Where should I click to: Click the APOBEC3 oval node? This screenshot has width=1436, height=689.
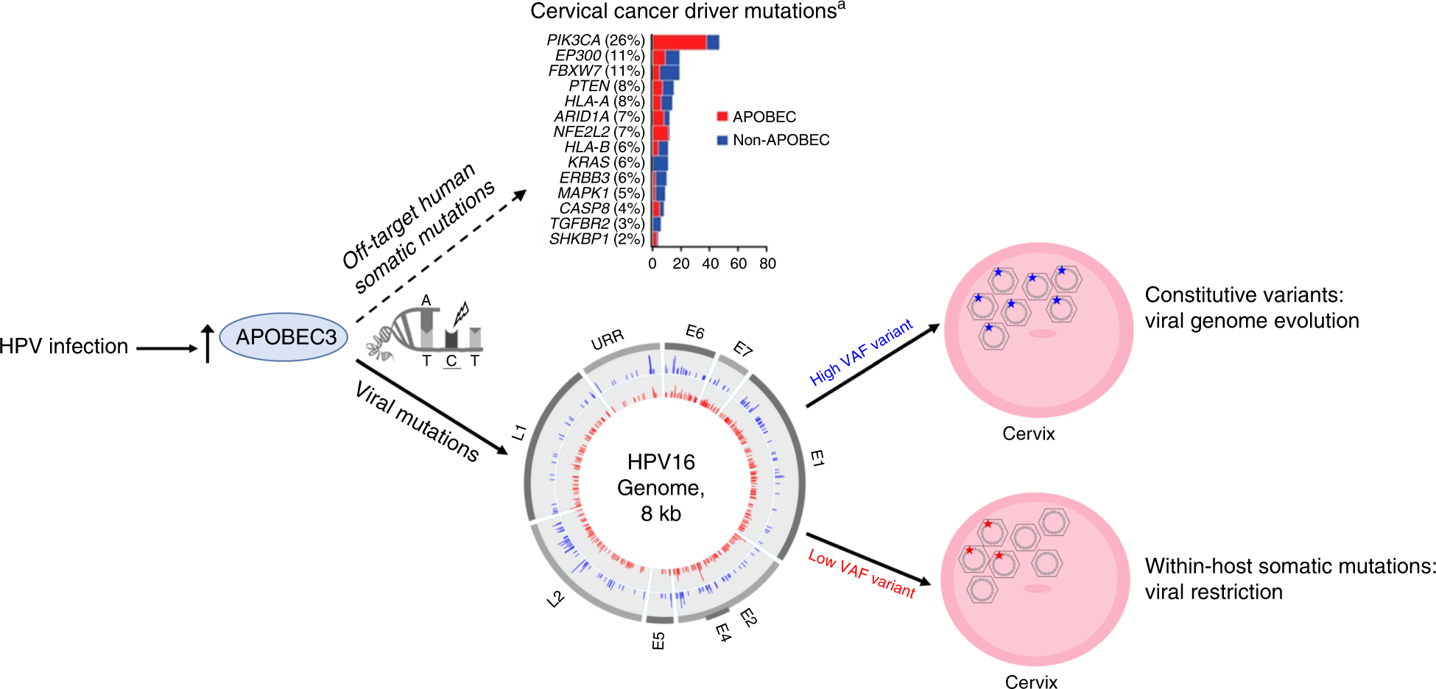[x=284, y=337]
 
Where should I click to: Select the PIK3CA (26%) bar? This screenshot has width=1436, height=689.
[x=685, y=42]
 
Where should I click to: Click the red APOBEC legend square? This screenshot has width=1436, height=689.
[x=722, y=116]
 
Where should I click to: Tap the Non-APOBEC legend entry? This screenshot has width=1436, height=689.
[x=780, y=140]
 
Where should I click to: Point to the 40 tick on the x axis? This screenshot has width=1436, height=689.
[x=710, y=263]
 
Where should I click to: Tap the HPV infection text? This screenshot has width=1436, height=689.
[x=64, y=346]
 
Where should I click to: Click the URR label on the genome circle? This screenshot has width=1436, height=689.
[x=608, y=340]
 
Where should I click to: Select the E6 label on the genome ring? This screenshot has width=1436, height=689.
[x=694, y=332]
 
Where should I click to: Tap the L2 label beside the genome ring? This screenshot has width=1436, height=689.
[x=555, y=599]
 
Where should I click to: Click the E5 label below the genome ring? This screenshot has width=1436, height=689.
[x=658, y=640]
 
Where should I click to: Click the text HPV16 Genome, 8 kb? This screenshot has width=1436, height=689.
[x=661, y=487]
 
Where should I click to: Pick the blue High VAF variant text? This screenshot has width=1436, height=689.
[x=861, y=352]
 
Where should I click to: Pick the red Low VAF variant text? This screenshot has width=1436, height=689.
[x=861, y=573]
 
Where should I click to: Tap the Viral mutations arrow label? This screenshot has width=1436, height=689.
[x=417, y=421]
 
